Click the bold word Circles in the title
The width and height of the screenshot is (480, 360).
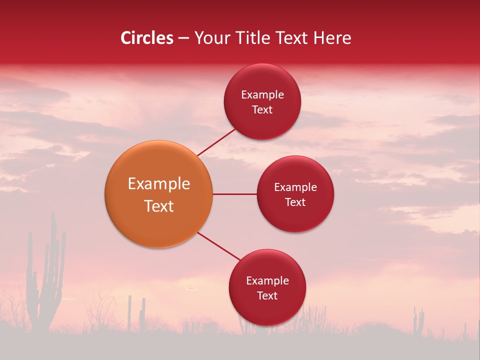(x=147, y=38)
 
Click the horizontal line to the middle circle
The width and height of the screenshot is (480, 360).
(x=234, y=194)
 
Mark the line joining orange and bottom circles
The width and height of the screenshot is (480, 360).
(x=219, y=246)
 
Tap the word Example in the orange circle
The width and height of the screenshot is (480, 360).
(x=159, y=184)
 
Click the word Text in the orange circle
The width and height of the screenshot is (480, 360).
(x=159, y=206)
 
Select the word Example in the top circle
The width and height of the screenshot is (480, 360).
(x=262, y=95)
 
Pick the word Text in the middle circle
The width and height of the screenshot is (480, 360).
(x=295, y=202)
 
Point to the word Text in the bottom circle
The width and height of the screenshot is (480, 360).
(x=267, y=295)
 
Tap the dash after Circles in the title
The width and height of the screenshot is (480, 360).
(x=183, y=38)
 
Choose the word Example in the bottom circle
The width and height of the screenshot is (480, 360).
(x=267, y=281)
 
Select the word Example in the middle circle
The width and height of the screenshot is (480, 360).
(x=295, y=187)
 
